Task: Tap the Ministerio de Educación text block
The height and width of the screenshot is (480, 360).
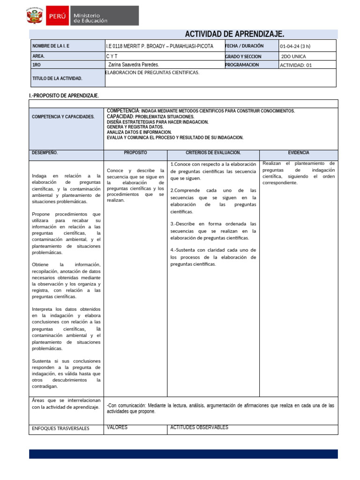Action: coord(90,18)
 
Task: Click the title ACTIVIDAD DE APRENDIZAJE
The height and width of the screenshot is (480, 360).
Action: coord(235,34)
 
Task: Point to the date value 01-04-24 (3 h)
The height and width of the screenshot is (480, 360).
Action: coord(295,46)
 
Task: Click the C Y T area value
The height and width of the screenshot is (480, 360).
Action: coord(112,56)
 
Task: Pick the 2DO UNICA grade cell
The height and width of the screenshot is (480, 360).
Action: coord(293,56)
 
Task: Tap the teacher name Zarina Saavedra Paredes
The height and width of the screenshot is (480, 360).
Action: coord(134,65)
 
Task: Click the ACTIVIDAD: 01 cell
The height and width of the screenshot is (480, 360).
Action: coord(296,65)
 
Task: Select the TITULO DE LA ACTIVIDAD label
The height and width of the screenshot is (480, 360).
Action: coord(57,78)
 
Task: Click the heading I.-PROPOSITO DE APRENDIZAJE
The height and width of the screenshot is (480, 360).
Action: coord(64,96)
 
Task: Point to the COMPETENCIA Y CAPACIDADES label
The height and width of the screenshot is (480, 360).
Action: coord(63,117)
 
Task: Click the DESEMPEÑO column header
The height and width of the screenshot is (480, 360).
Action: coord(45,153)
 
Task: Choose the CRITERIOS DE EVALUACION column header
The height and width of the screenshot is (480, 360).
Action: coord(213,153)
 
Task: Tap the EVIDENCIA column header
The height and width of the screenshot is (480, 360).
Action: coord(298,153)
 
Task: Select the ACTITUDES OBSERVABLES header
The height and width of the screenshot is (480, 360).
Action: coord(199,427)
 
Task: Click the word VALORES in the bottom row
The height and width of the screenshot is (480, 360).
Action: coord(117,427)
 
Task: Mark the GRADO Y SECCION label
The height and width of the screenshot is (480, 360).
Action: coord(243,56)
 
